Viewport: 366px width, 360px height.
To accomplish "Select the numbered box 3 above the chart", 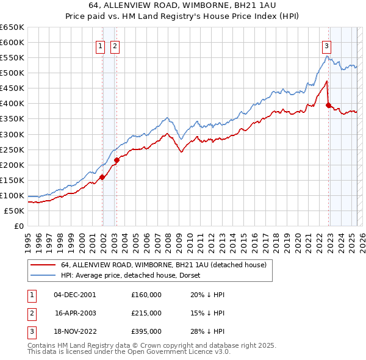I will tap(326, 45).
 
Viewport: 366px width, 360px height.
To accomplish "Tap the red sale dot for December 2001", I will tap(102, 177).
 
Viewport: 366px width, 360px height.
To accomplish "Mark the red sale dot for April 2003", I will tap(117, 160).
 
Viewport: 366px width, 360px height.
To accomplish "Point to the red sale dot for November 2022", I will tap(329, 105).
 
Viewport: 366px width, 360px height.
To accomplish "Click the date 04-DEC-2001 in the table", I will tap(75, 295).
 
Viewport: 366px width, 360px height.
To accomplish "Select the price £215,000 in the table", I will tap(146, 313).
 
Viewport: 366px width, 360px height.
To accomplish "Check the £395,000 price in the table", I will tap(146, 331).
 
